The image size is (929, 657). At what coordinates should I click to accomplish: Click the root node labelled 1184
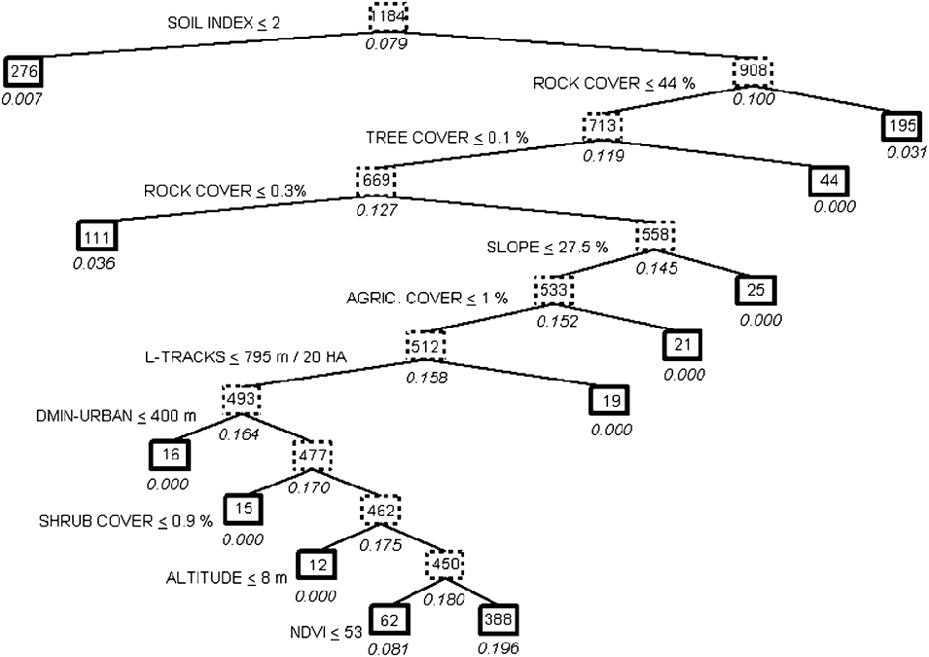point(388,17)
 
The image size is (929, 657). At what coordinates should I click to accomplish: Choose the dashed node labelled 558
point(655,237)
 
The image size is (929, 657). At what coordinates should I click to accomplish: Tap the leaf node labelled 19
point(609,399)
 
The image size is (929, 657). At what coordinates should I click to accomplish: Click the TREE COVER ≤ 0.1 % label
point(447,137)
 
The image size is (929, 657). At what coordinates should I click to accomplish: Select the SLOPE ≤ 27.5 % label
point(546,246)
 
